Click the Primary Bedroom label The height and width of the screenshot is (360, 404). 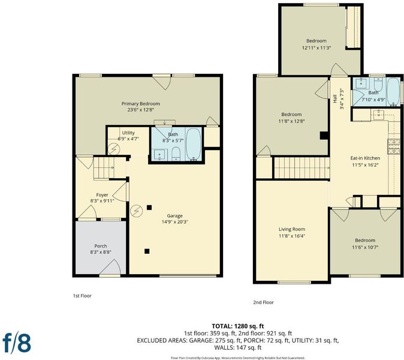click(141, 104)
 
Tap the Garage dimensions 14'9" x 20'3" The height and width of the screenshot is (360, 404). click(174, 222)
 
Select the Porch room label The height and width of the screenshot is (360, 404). click(101, 246)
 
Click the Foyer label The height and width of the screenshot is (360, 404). click(102, 195)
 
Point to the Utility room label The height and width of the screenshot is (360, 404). click(128, 133)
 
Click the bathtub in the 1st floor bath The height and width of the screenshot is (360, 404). click(193, 144)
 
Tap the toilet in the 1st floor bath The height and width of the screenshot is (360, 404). click(176, 154)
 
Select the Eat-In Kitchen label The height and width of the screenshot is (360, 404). click(365, 158)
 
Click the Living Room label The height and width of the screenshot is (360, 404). click(292, 229)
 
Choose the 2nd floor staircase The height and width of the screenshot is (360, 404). click(302, 168)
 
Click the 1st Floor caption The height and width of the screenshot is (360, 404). click(82, 296)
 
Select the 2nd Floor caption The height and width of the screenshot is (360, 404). click(263, 302)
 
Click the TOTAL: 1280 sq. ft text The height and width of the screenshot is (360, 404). click(238, 326)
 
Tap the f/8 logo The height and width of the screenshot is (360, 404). click(17, 343)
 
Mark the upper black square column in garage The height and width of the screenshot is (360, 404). click(149, 208)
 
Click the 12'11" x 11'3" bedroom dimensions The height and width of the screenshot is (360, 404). click(316, 48)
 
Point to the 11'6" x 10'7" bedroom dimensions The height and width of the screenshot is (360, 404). click(365, 247)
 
